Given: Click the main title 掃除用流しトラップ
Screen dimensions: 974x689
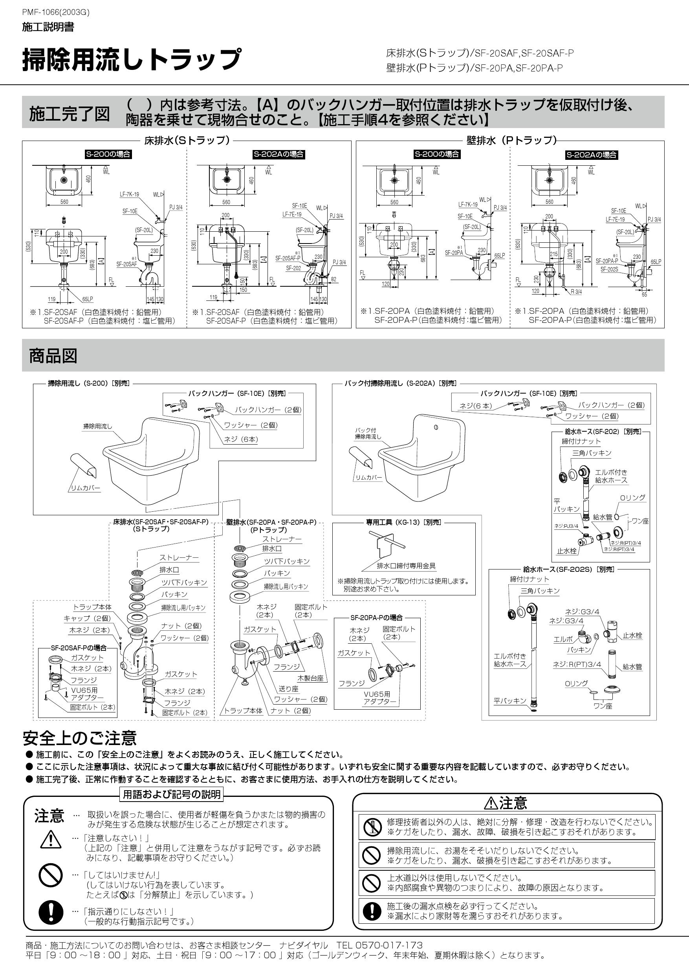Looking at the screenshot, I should [132, 60].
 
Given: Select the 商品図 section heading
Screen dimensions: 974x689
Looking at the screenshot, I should [53, 355].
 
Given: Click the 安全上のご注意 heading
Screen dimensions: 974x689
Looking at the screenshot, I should [80, 738].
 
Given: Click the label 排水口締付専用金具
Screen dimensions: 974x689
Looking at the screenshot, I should [406, 566].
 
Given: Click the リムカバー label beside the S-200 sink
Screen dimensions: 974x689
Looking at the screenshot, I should [85, 488].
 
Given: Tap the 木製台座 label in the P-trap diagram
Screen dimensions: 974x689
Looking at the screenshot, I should [310, 678].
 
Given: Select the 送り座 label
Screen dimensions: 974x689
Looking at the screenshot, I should [288, 688].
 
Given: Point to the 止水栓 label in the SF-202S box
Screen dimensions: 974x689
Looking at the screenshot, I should [632, 635].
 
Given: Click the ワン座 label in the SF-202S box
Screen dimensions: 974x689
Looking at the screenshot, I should [603, 705].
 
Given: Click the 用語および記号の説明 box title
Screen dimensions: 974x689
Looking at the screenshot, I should [172, 795].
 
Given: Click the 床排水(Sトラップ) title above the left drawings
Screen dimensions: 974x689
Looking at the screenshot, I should [187, 141].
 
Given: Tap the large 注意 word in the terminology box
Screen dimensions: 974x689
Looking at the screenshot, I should [49, 815].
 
